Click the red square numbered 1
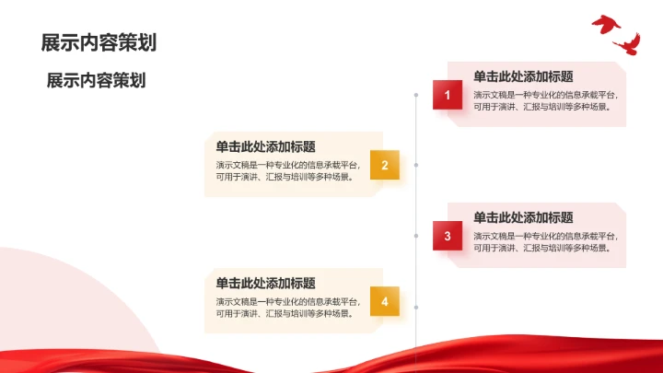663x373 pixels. pos(448,95)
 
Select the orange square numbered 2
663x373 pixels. pos(385,165)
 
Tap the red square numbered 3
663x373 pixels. pos(448,237)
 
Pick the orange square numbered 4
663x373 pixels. pos(385,301)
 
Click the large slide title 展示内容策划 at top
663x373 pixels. pos(99,42)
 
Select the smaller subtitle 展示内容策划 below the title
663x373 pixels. pos(97,80)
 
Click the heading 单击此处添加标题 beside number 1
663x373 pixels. pos(523,77)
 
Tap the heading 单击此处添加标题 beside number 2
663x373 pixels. pos(266,146)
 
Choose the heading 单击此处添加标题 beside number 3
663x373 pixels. pos(523,217)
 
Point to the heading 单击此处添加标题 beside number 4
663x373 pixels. pos(266,284)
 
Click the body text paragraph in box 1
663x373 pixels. pos(545,100)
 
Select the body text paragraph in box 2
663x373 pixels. pos(287,170)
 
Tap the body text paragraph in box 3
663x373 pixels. pos(545,241)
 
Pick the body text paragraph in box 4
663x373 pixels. pos(287,307)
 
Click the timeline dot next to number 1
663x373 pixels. pos(417,95)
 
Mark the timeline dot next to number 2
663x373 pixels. pos(417,165)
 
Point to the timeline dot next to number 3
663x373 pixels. pos(417,237)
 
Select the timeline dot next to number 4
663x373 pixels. pos(417,307)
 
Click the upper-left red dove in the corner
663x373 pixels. pos(605,24)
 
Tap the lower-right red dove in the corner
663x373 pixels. pos(628,43)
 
